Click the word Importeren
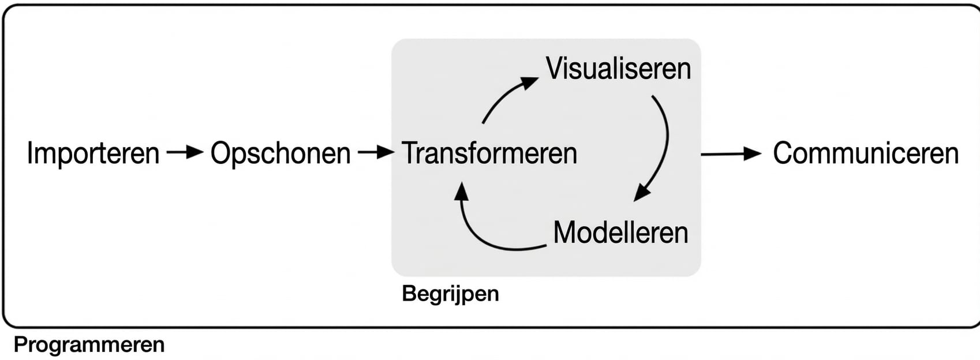93,153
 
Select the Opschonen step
280,153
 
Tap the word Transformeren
489,153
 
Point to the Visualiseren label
618,69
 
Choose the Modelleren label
620,232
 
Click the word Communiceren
866,153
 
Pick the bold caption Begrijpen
450,294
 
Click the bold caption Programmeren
89,344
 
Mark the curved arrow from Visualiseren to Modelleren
665,144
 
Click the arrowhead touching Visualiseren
529,83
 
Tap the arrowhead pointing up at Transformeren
461,190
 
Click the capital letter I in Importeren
30,153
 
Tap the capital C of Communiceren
783,153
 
